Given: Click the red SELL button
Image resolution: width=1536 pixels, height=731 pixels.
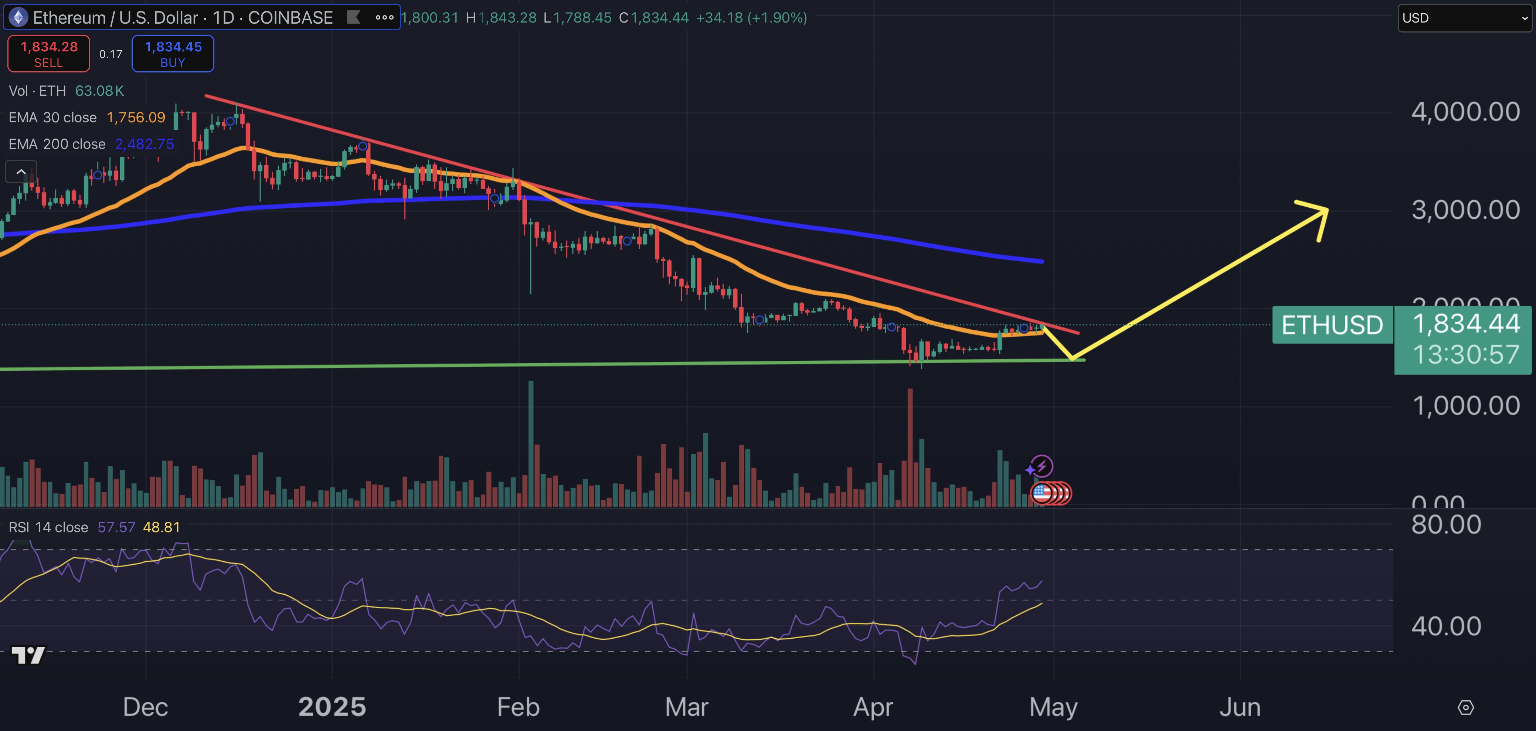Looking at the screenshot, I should coord(48,54).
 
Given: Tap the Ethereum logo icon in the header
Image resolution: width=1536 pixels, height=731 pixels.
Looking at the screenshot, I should coord(18,17).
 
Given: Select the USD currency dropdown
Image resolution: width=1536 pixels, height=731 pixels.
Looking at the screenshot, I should coord(1464,18).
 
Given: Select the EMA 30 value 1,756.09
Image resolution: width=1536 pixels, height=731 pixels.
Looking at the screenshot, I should coord(136,118).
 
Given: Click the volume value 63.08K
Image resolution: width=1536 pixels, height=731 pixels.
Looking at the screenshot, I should coord(99,91).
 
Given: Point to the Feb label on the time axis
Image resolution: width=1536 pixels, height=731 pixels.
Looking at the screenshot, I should coord(518,707).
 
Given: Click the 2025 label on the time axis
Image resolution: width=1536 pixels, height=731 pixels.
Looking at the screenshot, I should coord(332,707).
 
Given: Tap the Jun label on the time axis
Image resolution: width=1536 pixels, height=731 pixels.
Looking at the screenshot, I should coord(1240,707).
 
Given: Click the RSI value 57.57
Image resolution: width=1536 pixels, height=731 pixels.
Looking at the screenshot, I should coord(116,527).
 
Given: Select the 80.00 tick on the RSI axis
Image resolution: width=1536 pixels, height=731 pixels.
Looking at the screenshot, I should coord(1446,525).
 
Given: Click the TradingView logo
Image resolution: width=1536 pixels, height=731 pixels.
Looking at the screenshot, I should coord(28,655).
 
